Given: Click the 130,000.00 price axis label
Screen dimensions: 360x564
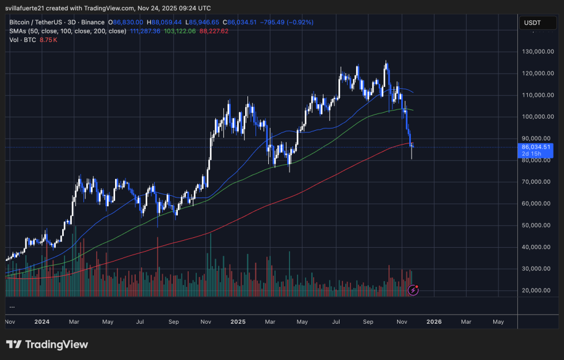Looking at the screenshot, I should [x=537, y=52].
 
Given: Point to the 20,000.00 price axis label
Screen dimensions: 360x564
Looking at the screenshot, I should [x=537, y=290].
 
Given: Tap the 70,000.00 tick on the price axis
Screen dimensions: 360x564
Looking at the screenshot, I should [x=537, y=182].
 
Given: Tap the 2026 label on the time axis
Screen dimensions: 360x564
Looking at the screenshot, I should [x=434, y=322].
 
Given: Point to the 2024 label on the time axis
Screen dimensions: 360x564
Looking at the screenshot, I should [x=41, y=322].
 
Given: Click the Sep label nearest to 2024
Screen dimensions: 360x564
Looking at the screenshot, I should [x=173, y=322].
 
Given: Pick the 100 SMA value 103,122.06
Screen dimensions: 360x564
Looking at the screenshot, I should [x=180, y=31].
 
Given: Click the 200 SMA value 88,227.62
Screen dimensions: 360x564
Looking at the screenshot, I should [x=214, y=31].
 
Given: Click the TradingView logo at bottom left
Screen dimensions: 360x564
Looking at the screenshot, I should [x=47, y=344].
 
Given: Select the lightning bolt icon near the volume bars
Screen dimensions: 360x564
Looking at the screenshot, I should [x=413, y=290].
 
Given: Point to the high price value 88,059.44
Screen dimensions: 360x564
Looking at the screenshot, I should [x=167, y=22].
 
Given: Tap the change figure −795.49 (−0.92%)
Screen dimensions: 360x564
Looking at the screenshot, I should [x=288, y=22].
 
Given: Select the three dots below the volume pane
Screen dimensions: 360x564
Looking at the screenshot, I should [x=12, y=307].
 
